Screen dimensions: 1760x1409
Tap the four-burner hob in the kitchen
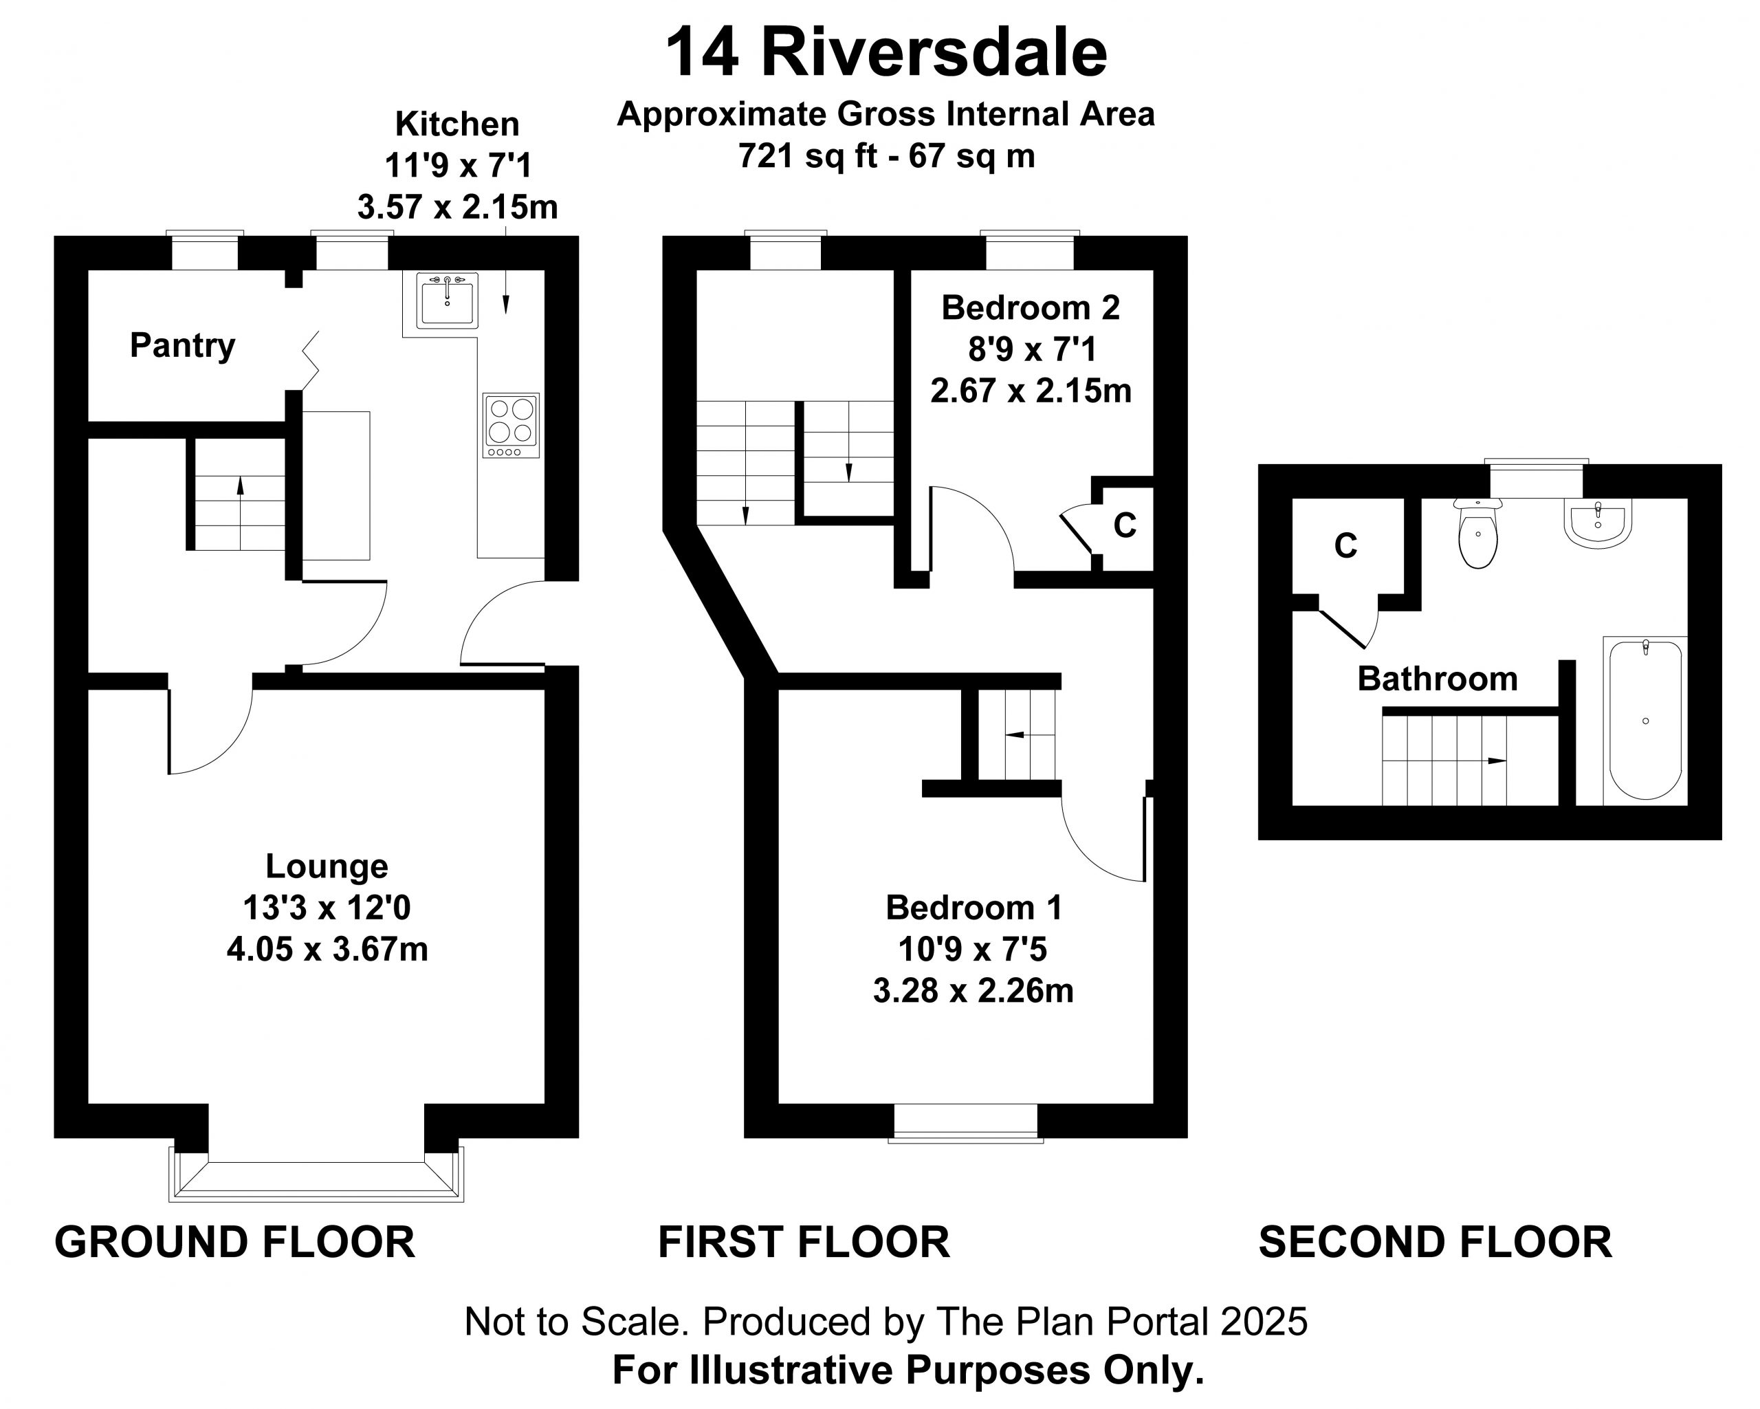coord(511,425)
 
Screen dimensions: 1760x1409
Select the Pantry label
coord(182,346)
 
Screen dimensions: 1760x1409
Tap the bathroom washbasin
coord(1598,523)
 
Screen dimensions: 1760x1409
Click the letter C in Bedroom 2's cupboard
coord(1125,526)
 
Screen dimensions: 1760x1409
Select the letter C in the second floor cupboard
coord(1345,545)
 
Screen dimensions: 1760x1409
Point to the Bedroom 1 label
coord(974,908)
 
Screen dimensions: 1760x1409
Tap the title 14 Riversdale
coord(886,53)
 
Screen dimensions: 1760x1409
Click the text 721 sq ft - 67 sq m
coord(886,156)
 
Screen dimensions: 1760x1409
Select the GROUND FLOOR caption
coord(235,1242)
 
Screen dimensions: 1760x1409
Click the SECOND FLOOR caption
coord(1435,1242)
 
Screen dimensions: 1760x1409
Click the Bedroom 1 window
coord(966,1122)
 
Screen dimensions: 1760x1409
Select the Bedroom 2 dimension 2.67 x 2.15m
coord(1031,391)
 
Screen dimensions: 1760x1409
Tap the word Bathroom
coord(1437,679)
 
